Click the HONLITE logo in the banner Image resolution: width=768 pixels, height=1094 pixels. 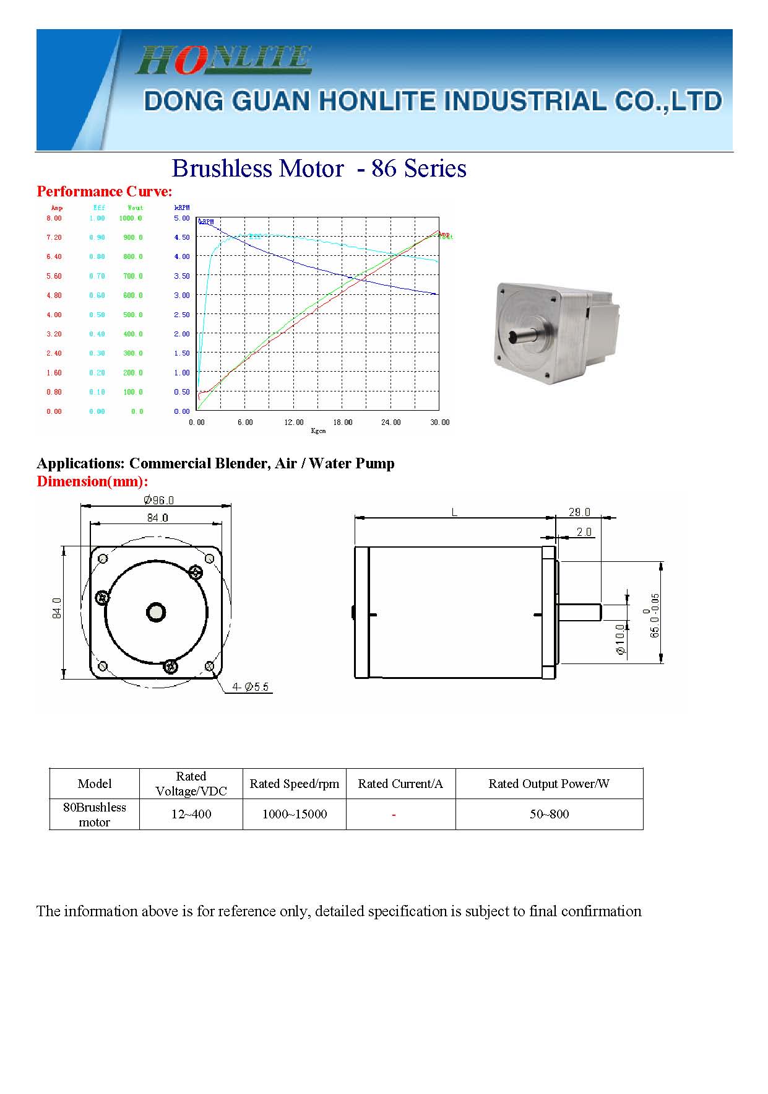pyautogui.click(x=223, y=59)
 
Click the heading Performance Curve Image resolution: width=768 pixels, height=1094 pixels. pyautogui.click(x=104, y=191)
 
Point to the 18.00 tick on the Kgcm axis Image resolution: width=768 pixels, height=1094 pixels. pyautogui.click(x=342, y=422)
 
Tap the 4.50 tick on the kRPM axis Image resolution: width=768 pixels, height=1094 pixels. pyautogui.click(x=182, y=237)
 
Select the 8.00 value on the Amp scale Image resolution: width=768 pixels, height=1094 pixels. pyautogui.click(x=54, y=218)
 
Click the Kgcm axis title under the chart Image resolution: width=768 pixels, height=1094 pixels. pyautogui.click(x=318, y=431)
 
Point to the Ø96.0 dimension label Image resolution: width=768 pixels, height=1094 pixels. pyautogui.click(x=158, y=500)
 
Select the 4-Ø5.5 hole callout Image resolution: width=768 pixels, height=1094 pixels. pyautogui.click(x=251, y=687)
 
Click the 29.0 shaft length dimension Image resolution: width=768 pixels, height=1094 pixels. pyautogui.click(x=579, y=512)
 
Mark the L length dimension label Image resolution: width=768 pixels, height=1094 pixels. pyautogui.click(x=454, y=512)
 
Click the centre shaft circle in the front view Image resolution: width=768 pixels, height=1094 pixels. pyautogui.click(x=156, y=613)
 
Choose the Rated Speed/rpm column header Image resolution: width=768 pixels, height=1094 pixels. pyautogui.click(x=294, y=784)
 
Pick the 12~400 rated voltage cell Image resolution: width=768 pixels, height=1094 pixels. pyautogui.click(x=191, y=814)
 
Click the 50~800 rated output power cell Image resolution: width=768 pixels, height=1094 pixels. pyautogui.click(x=549, y=814)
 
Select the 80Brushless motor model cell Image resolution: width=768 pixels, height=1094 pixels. pyautogui.click(x=94, y=814)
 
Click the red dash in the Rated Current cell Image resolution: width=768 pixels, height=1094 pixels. pyautogui.click(x=394, y=815)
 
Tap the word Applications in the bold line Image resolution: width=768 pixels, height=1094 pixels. pyautogui.click(x=80, y=463)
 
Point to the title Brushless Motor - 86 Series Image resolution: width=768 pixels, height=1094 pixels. pyautogui.click(x=319, y=168)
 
